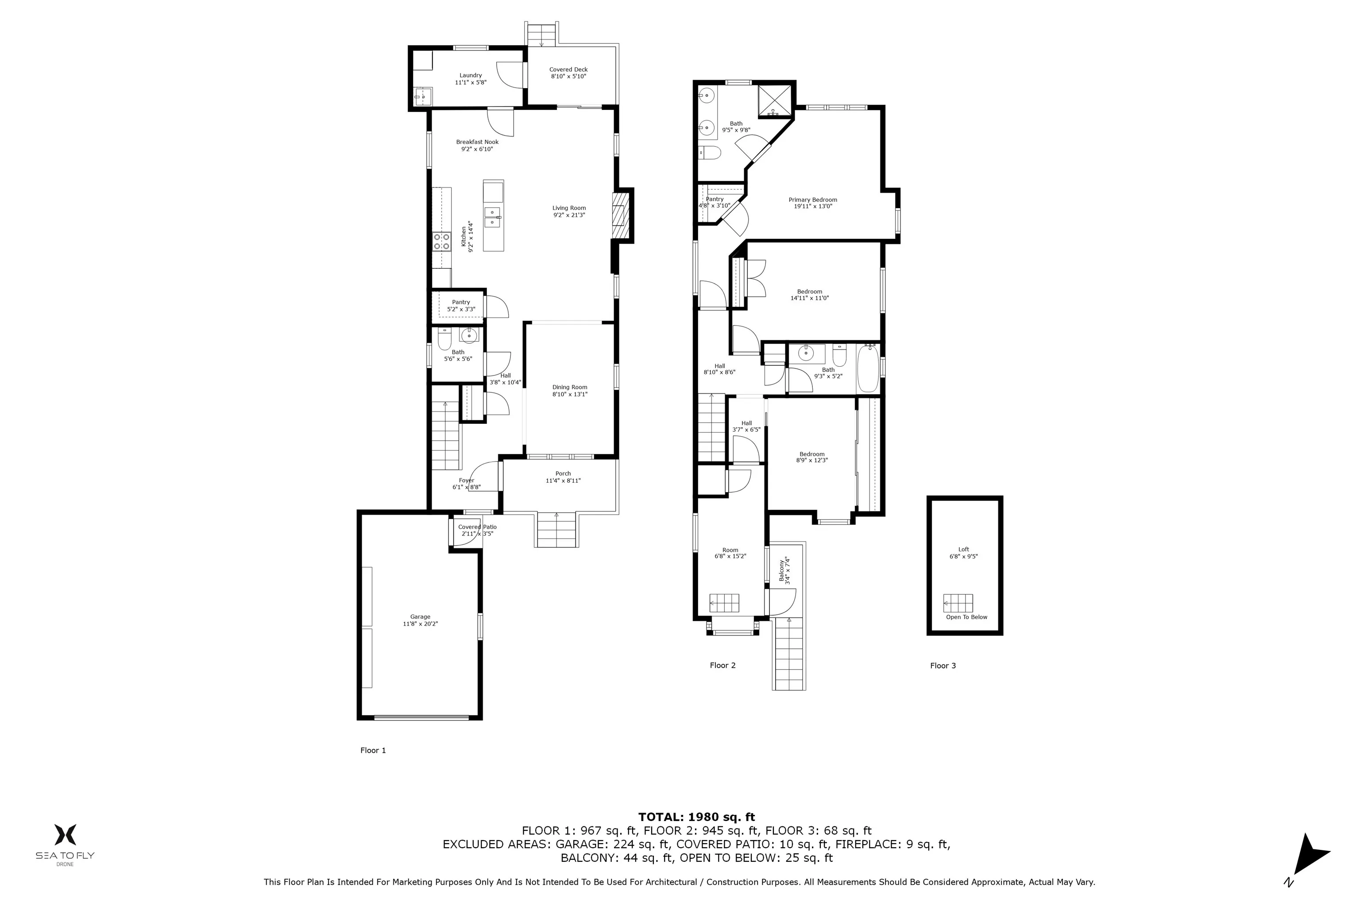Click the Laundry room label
click(x=470, y=75)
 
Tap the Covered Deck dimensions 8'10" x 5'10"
click(x=568, y=76)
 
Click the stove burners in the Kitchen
click(x=442, y=242)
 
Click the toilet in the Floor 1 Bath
click(x=444, y=340)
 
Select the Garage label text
click(x=421, y=616)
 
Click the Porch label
click(x=563, y=473)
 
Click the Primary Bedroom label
click(x=812, y=200)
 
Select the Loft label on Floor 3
click(x=963, y=550)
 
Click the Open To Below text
click(x=966, y=617)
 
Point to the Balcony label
click(x=781, y=570)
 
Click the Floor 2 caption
click(x=722, y=665)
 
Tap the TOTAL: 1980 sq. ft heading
click(x=696, y=817)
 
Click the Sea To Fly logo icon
click(x=65, y=835)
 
